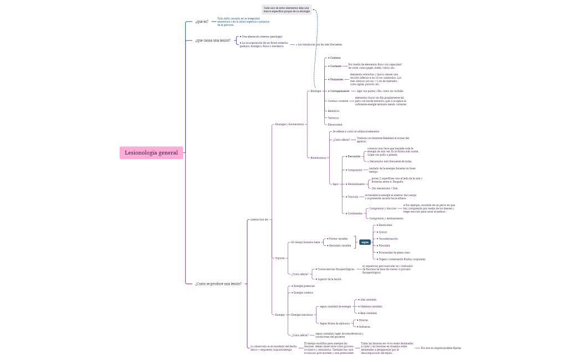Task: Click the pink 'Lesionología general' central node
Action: pos(151,153)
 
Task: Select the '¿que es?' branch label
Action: pos(202,22)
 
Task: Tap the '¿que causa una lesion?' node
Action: pos(213,40)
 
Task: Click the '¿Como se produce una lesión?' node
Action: pos(218,284)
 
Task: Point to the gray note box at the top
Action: pos(287,9)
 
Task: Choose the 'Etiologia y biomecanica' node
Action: pos(289,124)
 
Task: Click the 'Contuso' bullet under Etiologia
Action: pos(335,58)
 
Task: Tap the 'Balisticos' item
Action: pos(333,111)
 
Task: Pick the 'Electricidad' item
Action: pos(335,125)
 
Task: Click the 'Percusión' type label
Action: pos(354,156)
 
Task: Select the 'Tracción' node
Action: pos(353,197)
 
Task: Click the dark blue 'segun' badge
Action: pos(365,242)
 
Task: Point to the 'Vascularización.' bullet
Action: pos(388,239)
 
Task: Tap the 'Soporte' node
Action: pos(280,258)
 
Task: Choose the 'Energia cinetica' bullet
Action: pos(303,292)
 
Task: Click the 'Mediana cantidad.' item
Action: pos(371,306)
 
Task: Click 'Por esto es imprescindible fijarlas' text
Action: pos(441,348)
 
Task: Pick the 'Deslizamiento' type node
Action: pos(356,184)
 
